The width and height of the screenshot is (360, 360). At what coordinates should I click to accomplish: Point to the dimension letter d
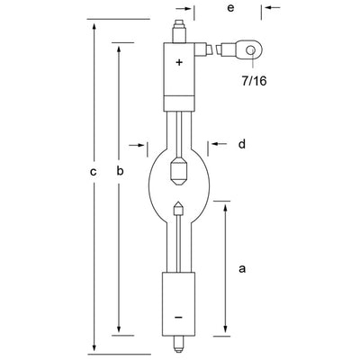pos(241,143)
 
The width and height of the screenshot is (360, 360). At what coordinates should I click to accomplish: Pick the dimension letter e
pos(231,8)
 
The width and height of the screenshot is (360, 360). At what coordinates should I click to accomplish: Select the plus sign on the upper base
pos(179,62)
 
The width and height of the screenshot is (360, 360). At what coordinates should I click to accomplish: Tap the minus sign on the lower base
pos(178,317)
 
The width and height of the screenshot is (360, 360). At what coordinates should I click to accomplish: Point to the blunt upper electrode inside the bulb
pos(179,167)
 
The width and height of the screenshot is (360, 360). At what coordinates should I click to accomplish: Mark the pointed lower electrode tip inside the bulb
pos(179,208)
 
